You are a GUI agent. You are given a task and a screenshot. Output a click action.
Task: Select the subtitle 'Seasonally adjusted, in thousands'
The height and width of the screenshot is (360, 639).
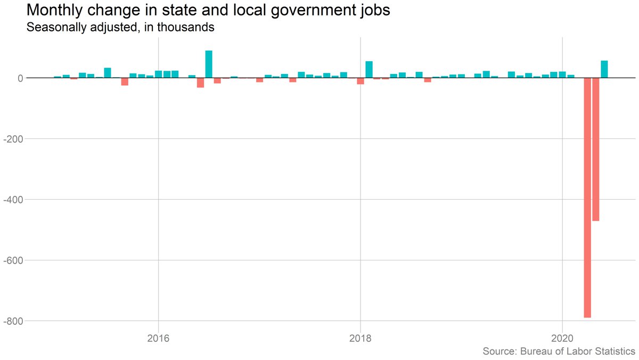coord(120,28)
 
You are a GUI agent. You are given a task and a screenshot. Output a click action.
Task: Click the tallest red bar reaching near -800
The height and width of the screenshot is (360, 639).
coord(587,198)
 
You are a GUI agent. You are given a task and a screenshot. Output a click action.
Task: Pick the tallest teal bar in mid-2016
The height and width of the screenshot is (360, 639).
coord(209,64)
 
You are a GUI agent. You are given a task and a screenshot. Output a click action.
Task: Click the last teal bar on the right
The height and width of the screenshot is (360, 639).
coord(604,69)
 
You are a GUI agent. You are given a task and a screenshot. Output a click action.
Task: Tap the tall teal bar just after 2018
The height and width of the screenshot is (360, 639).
coord(369,70)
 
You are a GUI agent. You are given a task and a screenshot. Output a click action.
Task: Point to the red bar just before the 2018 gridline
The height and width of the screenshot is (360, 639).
coord(361,81)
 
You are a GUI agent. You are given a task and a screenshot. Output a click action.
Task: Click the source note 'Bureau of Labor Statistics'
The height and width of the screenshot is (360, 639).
coord(559,351)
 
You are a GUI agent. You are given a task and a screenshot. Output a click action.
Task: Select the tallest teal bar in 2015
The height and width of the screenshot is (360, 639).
coord(108,73)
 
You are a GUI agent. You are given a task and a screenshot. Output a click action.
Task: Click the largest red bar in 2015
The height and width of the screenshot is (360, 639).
coord(125,81)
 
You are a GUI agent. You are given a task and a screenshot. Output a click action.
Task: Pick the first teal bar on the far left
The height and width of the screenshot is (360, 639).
coord(58,77)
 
